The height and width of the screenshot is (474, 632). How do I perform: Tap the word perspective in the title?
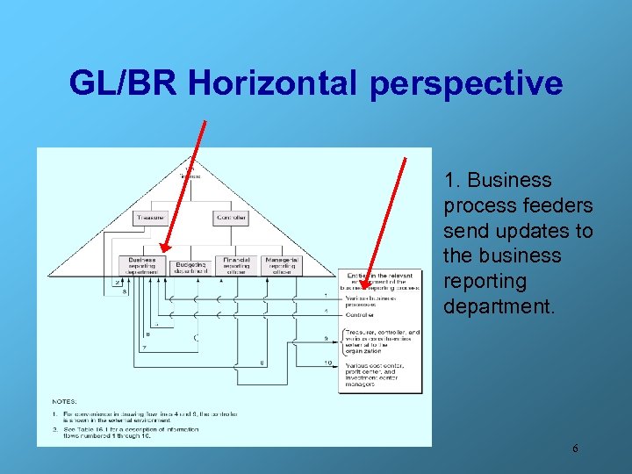pos(466,83)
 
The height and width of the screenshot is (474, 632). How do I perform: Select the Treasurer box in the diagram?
pos(151,218)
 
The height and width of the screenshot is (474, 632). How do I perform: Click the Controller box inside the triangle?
pos(230,218)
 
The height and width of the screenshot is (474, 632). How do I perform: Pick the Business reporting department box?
pos(141,265)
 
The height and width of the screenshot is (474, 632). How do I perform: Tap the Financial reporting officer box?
pos(236,265)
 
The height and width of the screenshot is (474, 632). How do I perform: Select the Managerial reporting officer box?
pos(281,265)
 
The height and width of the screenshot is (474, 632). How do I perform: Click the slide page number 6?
pos(575,449)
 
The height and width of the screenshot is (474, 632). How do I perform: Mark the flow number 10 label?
pos(327,363)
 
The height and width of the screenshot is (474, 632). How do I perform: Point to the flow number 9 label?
pos(327,338)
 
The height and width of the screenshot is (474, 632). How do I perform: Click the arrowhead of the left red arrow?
pos(164,254)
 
